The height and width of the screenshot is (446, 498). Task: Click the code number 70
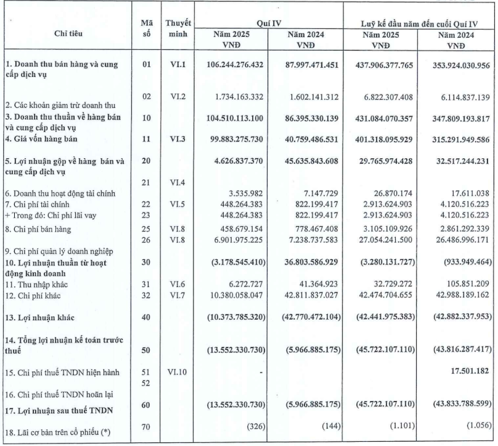146,425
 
